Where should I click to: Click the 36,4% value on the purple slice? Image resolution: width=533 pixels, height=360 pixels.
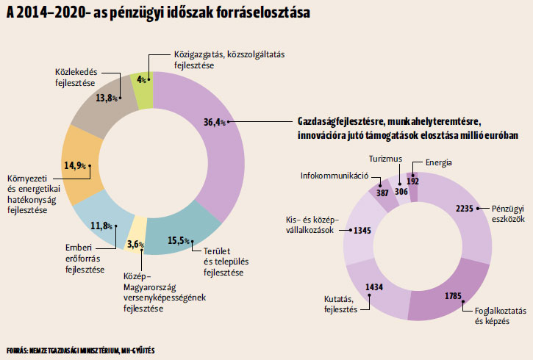(214, 122)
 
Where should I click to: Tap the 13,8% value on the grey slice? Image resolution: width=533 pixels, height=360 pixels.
(107, 98)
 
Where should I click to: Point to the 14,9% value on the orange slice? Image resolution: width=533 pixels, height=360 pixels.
(75, 165)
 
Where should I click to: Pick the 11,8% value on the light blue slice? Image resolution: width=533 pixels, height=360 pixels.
(101, 226)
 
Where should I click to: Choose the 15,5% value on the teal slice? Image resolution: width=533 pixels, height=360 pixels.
(179, 240)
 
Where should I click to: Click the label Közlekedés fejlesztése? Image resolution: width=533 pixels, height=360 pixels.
(76, 77)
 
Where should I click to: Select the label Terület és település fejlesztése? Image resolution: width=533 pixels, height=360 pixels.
(226, 262)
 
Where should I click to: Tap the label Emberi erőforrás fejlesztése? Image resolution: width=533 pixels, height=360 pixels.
(85, 259)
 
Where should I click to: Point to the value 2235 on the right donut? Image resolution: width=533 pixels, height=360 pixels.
(465, 208)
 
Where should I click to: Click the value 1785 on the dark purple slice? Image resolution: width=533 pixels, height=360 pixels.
(453, 296)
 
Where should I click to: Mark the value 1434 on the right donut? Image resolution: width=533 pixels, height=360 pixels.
(374, 287)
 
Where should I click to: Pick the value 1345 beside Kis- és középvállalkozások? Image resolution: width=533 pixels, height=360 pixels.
(362, 231)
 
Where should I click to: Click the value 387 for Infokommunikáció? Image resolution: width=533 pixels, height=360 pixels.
(382, 193)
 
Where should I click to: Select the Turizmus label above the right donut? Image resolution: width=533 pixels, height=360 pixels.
(385, 159)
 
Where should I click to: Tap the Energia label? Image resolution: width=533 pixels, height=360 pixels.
(438, 162)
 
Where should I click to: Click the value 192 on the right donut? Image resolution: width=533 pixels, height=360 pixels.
(412, 181)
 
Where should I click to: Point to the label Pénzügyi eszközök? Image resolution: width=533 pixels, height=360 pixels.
(508, 214)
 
